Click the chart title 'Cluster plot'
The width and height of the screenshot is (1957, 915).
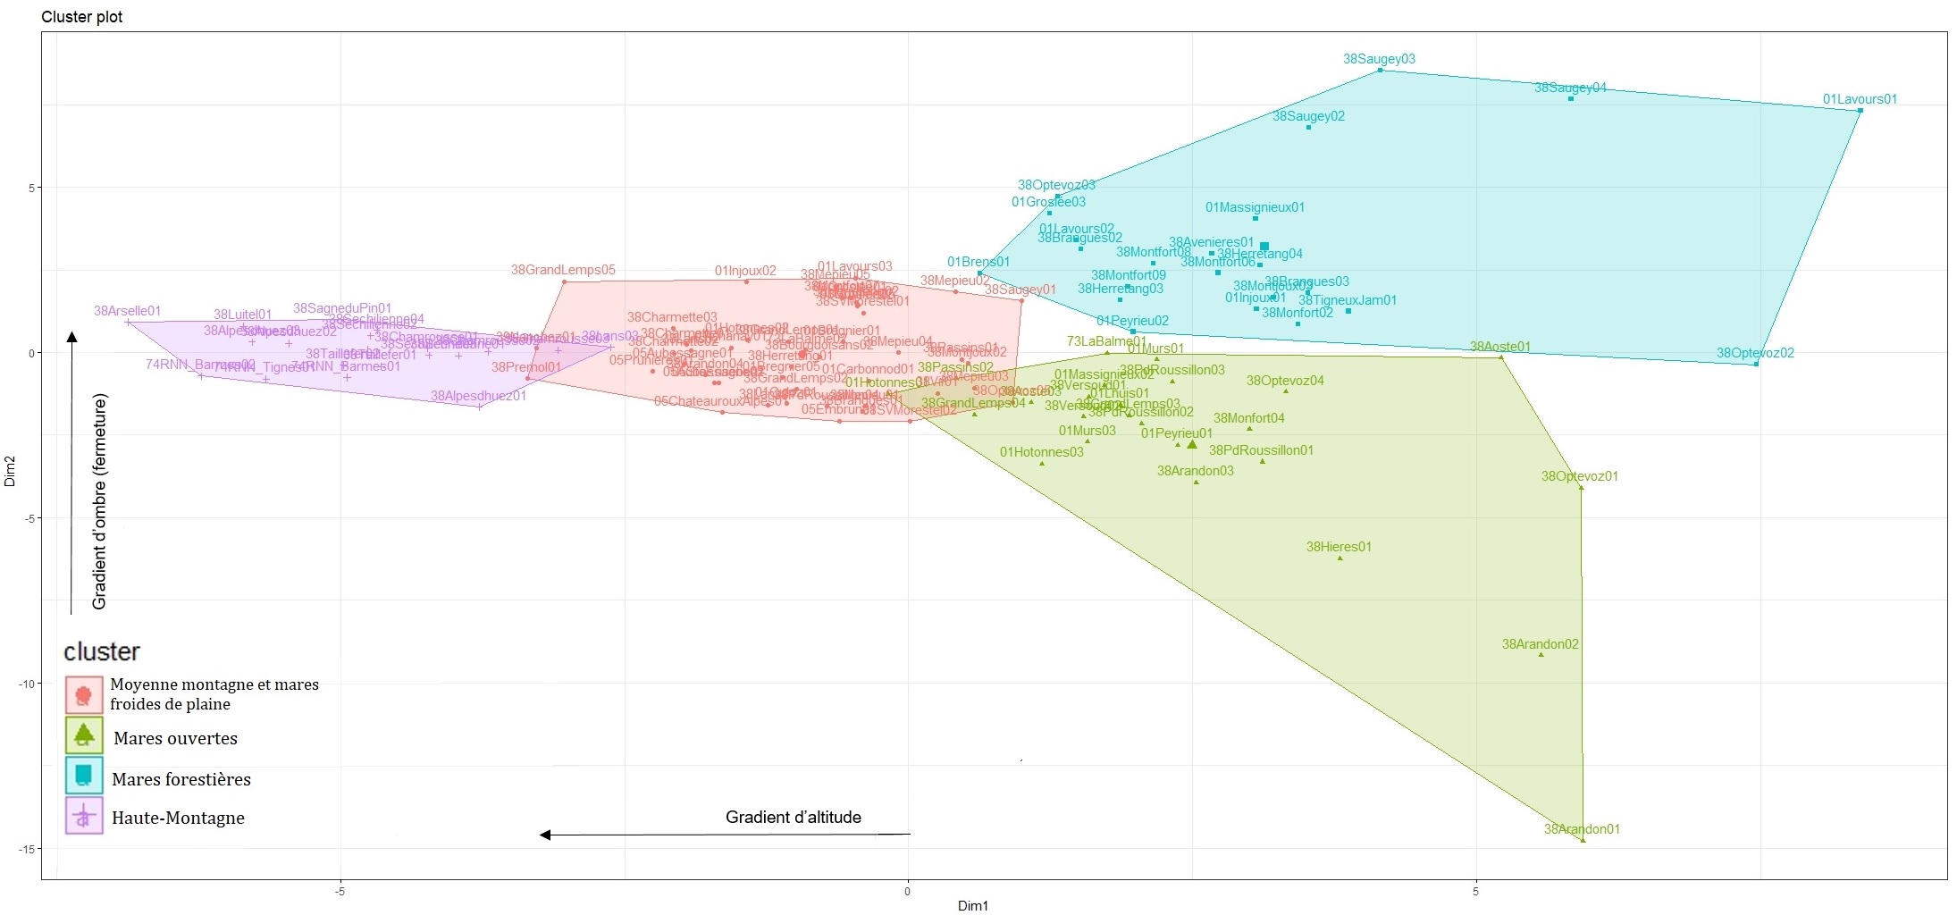pyautogui.click(x=82, y=17)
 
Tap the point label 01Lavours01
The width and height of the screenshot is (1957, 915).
pyautogui.click(x=1860, y=99)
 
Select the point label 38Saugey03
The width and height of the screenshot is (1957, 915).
pyautogui.click(x=1379, y=59)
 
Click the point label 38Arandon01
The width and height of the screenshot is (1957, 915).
pyautogui.click(x=1582, y=829)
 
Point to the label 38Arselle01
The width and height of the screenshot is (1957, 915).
pyautogui.click(x=128, y=311)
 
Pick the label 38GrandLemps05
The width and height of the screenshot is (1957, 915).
pyautogui.click(x=563, y=270)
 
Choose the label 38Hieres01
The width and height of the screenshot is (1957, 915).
pyautogui.click(x=1339, y=547)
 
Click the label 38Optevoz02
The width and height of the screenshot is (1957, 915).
pyautogui.click(x=1755, y=353)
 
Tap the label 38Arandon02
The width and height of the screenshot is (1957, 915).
pyautogui.click(x=1540, y=644)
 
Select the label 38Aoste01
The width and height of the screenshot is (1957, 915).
pyautogui.click(x=1500, y=347)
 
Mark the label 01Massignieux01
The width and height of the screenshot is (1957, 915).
pyautogui.click(x=1255, y=207)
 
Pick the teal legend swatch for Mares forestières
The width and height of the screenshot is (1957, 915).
pyautogui.click(x=84, y=776)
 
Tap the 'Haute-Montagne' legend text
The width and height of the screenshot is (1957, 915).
pyautogui.click(x=178, y=818)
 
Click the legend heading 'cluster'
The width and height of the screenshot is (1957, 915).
pyautogui.click(x=102, y=651)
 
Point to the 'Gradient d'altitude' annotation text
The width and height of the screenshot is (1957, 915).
pyautogui.click(x=794, y=817)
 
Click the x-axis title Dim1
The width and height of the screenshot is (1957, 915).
pyautogui.click(x=973, y=906)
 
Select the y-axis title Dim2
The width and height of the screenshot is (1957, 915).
pyautogui.click(x=10, y=471)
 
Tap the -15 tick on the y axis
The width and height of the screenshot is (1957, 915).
pyautogui.click(x=27, y=849)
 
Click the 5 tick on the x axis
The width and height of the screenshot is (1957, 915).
pyautogui.click(x=1476, y=891)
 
